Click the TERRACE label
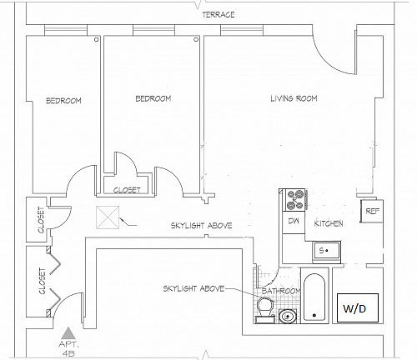[x=219, y=14]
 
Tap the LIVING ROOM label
[x=294, y=98]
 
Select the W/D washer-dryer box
[x=358, y=307]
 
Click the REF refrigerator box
[x=372, y=211]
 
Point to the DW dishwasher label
[x=294, y=221]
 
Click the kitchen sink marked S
[x=326, y=251]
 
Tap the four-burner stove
[x=295, y=200]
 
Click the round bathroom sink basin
[x=288, y=317]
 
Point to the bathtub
[x=314, y=297]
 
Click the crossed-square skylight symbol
[x=108, y=217]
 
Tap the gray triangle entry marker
[x=67, y=332]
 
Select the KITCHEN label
[x=329, y=223]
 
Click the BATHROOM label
[x=281, y=291]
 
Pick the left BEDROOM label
[x=63, y=100]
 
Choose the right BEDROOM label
[x=153, y=98]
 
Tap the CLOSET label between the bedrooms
[x=127, y=190]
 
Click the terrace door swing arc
[x=328, y=60]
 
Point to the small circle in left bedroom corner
[x=97, y=39]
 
